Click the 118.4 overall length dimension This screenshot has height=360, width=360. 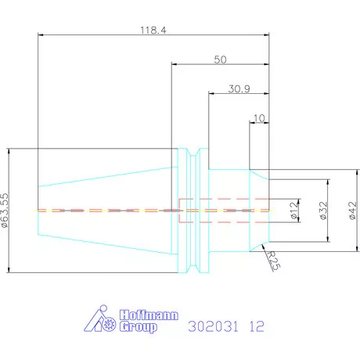click(153, 31)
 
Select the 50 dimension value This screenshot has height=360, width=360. click(220, 59)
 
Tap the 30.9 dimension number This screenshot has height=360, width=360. click(239, 89)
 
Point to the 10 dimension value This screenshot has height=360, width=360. click(259, 118)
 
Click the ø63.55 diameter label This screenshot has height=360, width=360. click(5, 211)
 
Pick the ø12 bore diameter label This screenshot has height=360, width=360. click(294, 211)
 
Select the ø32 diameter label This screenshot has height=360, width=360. click(323, 211)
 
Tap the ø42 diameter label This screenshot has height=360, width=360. click(352, 211)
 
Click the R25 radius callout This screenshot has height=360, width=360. click(274, 261)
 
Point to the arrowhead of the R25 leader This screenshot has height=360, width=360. click(263, 246)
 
